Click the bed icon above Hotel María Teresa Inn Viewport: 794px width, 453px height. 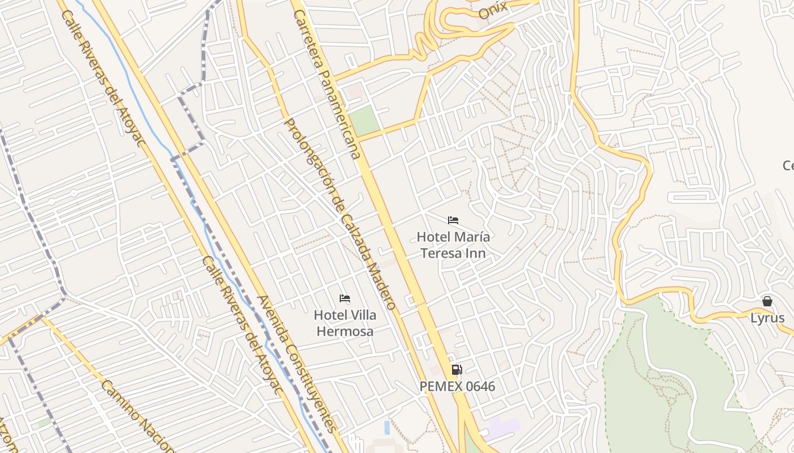tap(453, 220)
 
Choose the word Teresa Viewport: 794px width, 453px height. tap(439, 253)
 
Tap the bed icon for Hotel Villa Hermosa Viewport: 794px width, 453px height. tap(344, 298)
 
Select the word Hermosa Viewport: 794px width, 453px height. tap(345, 331)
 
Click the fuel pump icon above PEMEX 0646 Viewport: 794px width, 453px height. tap(457, 370)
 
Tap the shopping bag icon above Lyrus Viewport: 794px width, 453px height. tap(767, 301)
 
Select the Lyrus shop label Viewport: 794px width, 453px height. tap(767, 318)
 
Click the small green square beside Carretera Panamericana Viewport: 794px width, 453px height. tap(364, 120)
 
